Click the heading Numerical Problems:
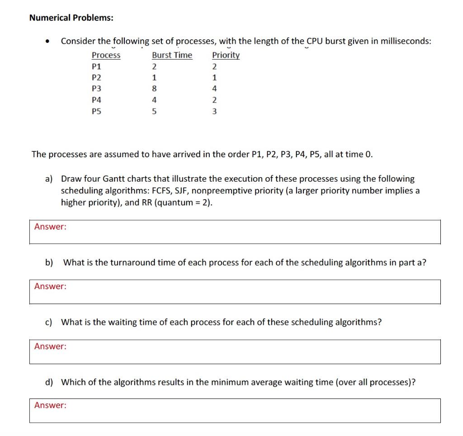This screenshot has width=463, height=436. click(x=71, y=18)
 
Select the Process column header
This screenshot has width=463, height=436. click(x=106, y=55)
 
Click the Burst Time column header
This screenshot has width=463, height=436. click(x=172, y=55)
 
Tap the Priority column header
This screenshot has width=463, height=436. click(x=226, y=55)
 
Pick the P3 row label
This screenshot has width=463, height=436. click(x=96, y=89)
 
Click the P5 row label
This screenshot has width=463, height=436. click(x=96, y=111)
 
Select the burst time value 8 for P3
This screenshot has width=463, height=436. click(x=154, y=89)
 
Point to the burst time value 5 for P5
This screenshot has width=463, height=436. click(x=154, y=111)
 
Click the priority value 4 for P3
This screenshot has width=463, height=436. click(x=214, y=89)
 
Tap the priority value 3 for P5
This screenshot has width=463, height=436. click(x=214, y=111)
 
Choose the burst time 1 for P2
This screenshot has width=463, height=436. click(x=154, y=77)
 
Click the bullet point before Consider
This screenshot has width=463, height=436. click(x=47, y=42)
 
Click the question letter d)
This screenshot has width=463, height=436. click(x=49, y=382)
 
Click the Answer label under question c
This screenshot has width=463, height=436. click(x=50, y=347)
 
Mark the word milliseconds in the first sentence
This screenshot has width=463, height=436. click(x=403, y=41)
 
